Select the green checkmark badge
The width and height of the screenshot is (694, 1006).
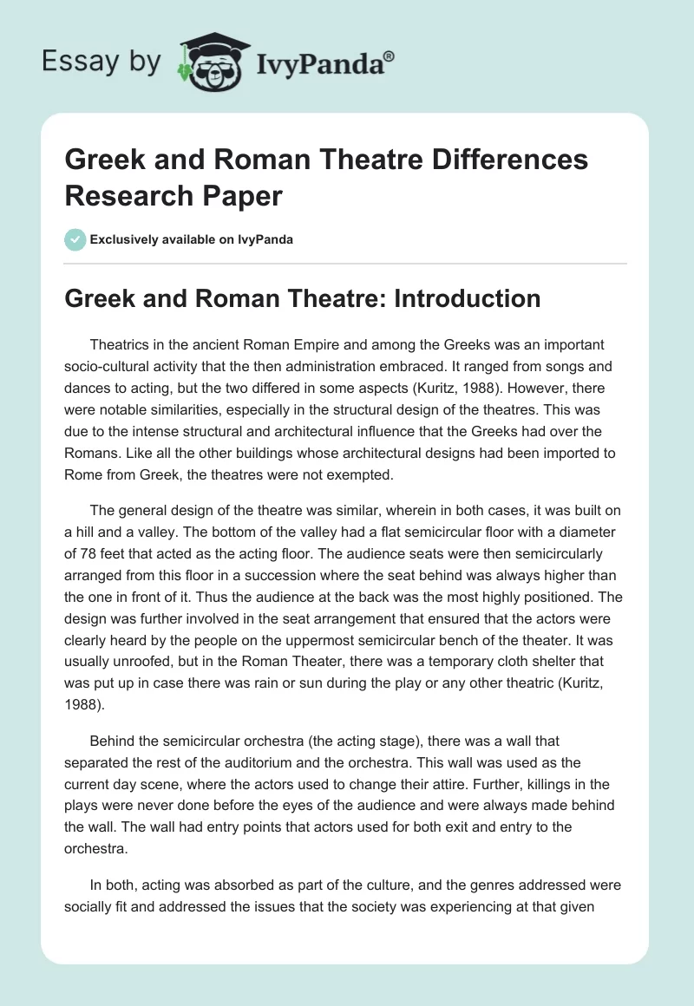pos(75,239)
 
